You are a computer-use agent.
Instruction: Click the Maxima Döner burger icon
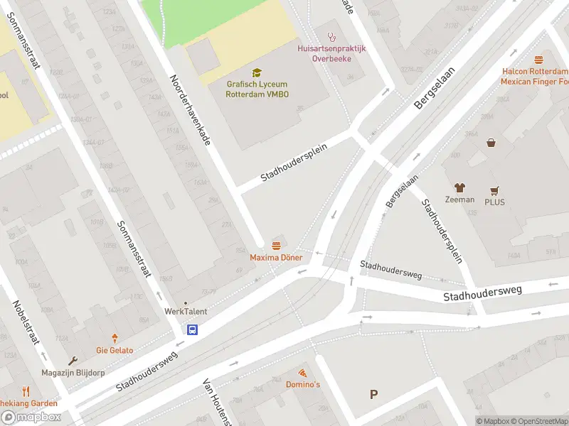click(x=276, y=246)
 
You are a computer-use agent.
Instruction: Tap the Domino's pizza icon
click(x=302, y=373)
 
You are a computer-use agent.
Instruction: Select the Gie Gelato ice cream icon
click(x=115, y=339)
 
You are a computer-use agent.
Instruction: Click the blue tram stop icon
click(x=193, y=329)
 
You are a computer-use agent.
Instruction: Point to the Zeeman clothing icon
click(x=459, y=188)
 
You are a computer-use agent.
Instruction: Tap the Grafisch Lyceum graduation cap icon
click(x=257, y=72)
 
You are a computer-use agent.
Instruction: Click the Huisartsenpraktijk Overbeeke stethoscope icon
click(x=331, y=36)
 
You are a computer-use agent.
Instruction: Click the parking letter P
click(x=373, y=395)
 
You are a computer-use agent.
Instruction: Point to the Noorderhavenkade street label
click(x=190, y=110)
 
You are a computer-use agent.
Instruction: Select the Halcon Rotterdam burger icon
click(x=538, y=60)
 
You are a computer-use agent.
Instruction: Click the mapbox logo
click(x=31, y=417)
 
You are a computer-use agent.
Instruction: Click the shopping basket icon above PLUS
click(x=491, y=143)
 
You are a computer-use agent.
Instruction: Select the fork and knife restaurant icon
click(x=26, y=391)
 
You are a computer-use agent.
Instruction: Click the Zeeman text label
click(x=459, y=200)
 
